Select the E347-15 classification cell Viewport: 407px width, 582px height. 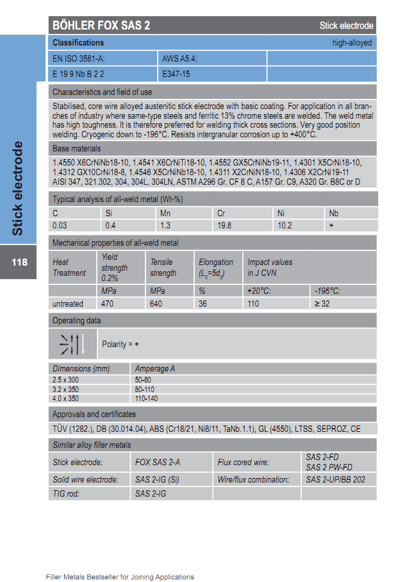point(176,74)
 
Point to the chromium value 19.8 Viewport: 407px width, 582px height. point(224,225)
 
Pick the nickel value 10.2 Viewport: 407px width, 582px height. point(284,225)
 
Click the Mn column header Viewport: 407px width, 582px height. point(165,213)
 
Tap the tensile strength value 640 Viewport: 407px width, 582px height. point(156,304)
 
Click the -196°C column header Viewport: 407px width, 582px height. point(327,291)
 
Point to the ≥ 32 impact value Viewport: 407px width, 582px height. point(322,304)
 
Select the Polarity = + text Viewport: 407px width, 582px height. point(120,345)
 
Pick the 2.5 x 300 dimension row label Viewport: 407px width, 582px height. point(67,380)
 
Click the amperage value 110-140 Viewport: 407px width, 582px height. point(147,398)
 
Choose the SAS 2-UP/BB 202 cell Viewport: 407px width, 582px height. point(335,479)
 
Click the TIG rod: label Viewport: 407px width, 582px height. point(67,493)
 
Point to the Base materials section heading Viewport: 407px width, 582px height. point(76,149)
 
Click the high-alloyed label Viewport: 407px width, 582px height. point(352,43)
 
